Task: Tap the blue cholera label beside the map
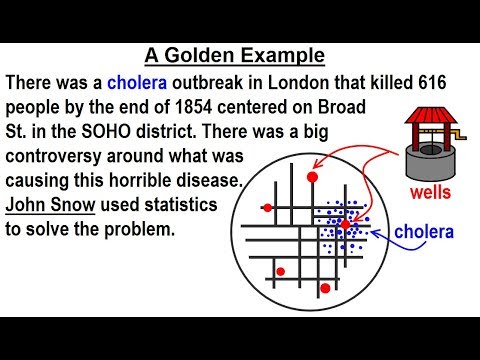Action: coord(423,233)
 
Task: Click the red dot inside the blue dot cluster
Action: coord(345,225)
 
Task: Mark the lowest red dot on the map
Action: coord(323,289)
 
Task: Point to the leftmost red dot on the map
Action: coord(266,208)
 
